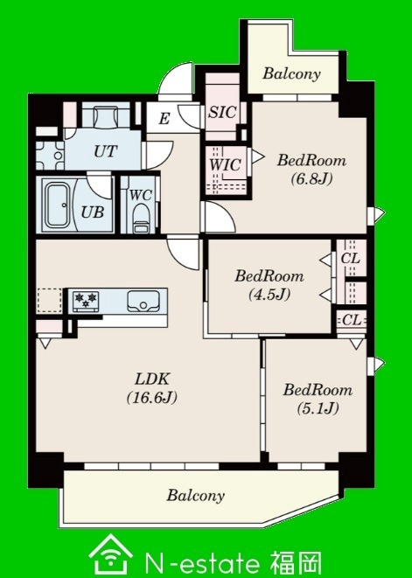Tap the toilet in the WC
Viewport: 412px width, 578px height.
click(x=140, y=219)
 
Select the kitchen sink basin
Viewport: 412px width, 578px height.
click(x=143, y=301)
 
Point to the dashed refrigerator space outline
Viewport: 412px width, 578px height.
click(x=50, y=301)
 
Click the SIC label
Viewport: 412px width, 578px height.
click(x=221, y=112)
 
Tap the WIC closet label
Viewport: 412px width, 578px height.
click(x=225, y=164)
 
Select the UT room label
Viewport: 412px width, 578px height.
click(x=106, y=151)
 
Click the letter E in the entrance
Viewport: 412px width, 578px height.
click(x=164, y=119)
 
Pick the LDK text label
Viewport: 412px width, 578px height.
click(x=152, y=379)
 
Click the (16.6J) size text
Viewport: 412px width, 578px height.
click(x=152, y=397)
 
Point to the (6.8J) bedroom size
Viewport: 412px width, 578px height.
click(x=311, y=179)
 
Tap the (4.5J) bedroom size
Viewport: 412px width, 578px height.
click(x=269, y=294)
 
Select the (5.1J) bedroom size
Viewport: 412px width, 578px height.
click(x=318, y=408)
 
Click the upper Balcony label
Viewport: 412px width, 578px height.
click(x=291, y=73)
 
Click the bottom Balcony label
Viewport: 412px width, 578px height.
click(x=195, y=495)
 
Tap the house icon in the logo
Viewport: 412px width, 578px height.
click(x=110, y=555)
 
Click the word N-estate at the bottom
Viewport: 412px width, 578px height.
click(x=203, y=562)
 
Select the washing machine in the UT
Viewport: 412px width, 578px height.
click(x=106, y=116)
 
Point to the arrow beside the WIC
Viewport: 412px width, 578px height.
click(x=258, y=157)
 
